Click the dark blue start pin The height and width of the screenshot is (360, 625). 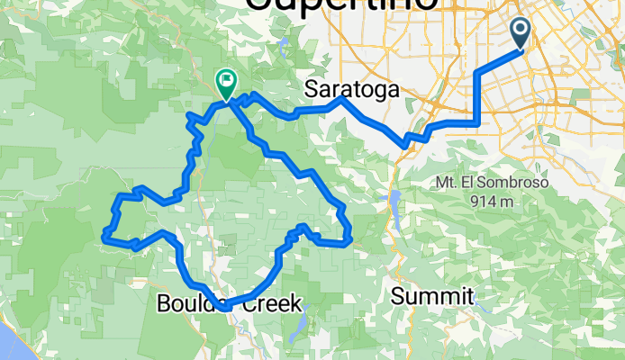521,36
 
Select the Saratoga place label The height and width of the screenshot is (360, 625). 350,88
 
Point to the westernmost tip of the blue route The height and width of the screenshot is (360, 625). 104,237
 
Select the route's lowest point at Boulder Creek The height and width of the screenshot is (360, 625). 221,304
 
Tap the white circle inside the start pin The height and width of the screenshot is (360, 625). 521,31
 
